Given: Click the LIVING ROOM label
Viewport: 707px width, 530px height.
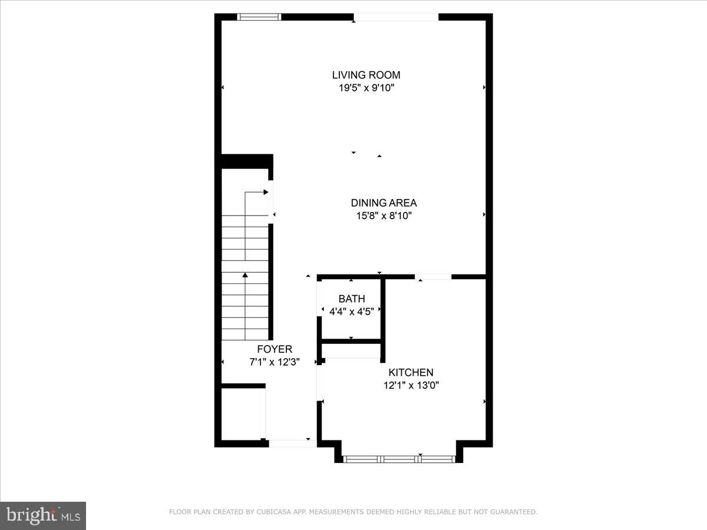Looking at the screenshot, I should coord(366,75).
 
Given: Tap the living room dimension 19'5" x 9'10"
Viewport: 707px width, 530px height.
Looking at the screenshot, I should coord(366,88).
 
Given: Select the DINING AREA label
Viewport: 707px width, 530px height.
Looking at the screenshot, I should coord(384,203).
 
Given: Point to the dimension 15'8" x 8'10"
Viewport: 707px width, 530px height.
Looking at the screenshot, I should coord(384,216).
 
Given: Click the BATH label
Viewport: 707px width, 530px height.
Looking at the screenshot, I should coord(351,299).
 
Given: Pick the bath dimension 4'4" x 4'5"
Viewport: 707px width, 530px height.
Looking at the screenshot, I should coord(351,311).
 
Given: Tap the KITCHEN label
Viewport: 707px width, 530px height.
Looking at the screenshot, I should coord(411,372).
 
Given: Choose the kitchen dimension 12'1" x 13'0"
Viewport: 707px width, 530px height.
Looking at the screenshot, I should coord(411,386).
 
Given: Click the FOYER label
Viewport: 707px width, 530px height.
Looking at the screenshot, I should coord(274,349).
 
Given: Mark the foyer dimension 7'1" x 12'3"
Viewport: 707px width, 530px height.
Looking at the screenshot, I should coord(274,363).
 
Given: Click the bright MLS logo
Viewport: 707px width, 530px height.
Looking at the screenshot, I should coord(43,515).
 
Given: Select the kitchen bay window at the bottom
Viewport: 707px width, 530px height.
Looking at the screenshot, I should coord(399,459).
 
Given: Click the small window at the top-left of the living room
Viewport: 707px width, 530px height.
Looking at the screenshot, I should coord(259,17).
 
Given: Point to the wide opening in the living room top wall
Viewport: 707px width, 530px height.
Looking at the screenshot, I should coord(396,17).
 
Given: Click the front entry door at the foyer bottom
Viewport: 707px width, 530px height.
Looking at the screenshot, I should coord(293,443).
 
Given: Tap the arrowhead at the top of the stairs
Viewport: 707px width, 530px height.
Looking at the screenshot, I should coord(266,191).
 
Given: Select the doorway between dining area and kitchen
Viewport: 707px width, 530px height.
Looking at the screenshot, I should coord(433,276).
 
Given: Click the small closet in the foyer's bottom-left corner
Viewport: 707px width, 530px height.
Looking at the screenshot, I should coord(242,413).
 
